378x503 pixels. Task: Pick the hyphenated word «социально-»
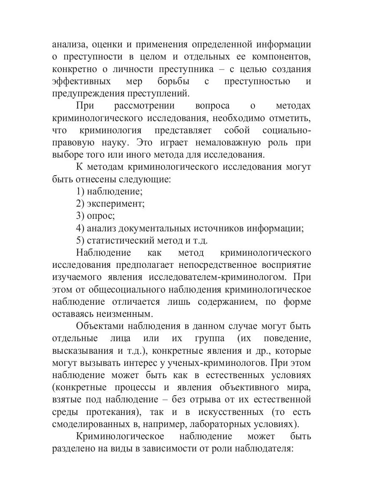tap(286, 130)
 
